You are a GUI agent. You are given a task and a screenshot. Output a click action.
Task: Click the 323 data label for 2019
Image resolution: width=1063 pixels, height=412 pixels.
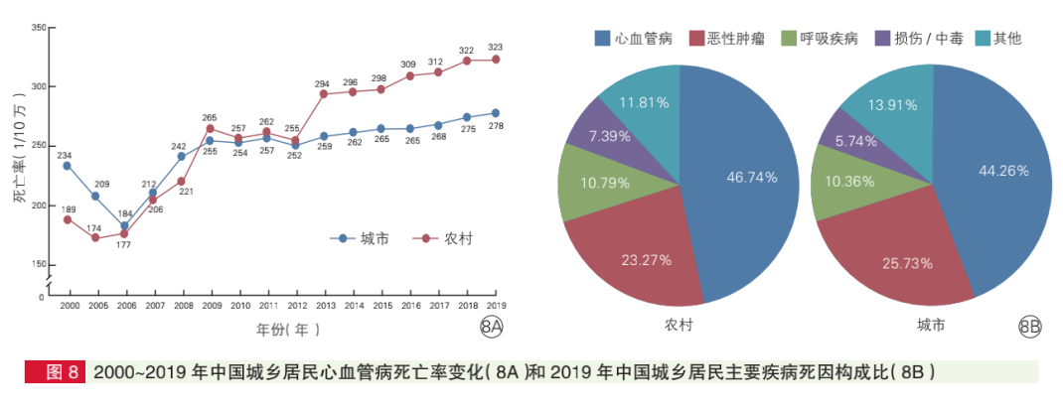(496, 47)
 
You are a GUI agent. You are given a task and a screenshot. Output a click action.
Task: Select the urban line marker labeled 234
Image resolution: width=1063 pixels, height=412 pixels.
(68, 166)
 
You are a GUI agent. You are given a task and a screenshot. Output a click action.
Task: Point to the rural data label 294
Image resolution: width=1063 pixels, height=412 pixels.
(323, 83)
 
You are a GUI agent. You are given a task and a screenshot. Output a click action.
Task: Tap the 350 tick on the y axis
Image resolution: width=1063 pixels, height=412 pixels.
(39, 27)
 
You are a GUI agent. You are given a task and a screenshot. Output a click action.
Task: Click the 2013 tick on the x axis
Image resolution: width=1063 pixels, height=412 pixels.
(324, 306)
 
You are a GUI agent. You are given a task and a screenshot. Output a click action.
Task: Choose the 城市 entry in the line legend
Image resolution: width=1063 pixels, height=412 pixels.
(360, 238)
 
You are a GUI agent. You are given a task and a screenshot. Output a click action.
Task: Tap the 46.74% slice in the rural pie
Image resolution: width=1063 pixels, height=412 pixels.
(745, 179)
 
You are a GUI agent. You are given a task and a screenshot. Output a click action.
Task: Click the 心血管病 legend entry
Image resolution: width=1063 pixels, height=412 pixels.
(635, 39)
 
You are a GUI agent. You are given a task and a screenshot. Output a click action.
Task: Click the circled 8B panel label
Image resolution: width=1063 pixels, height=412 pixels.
(1030, 326)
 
